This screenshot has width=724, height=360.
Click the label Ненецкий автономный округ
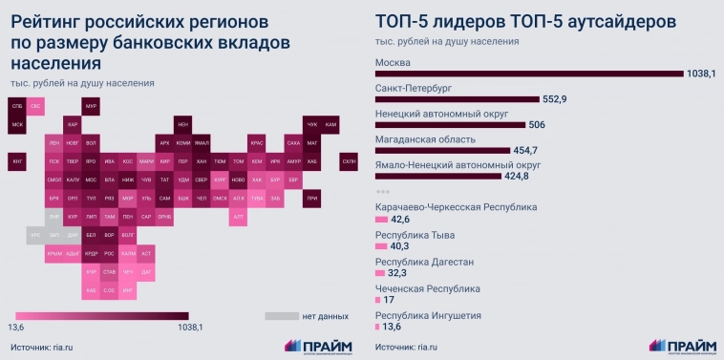[x=435, y=112]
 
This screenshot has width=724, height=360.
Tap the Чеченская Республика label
[x=427, y=287]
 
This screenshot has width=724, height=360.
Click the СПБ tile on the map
[x=17, y=106]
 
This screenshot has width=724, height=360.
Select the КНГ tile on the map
[x=17, y=161]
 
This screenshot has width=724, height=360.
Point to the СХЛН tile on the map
[x=349, y=161]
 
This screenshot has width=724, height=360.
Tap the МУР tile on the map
[x=92, y=106]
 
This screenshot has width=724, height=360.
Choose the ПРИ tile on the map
[x=311, y=198]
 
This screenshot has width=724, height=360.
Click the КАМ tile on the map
[x=330, y=124]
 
